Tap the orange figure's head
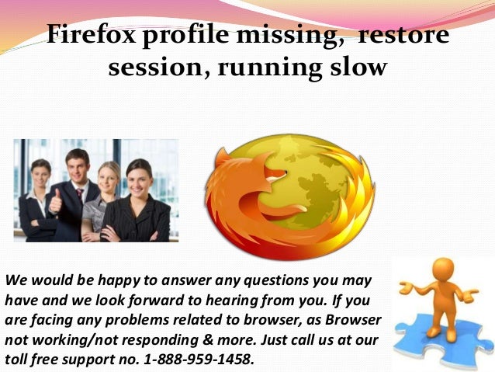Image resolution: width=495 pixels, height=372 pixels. pyautogui.click(x=442, y=269)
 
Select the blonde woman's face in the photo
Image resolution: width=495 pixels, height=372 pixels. pyautogui.click(x=109, y=176)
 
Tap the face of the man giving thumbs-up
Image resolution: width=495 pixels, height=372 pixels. pyautogui.click(x=77, y=165)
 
